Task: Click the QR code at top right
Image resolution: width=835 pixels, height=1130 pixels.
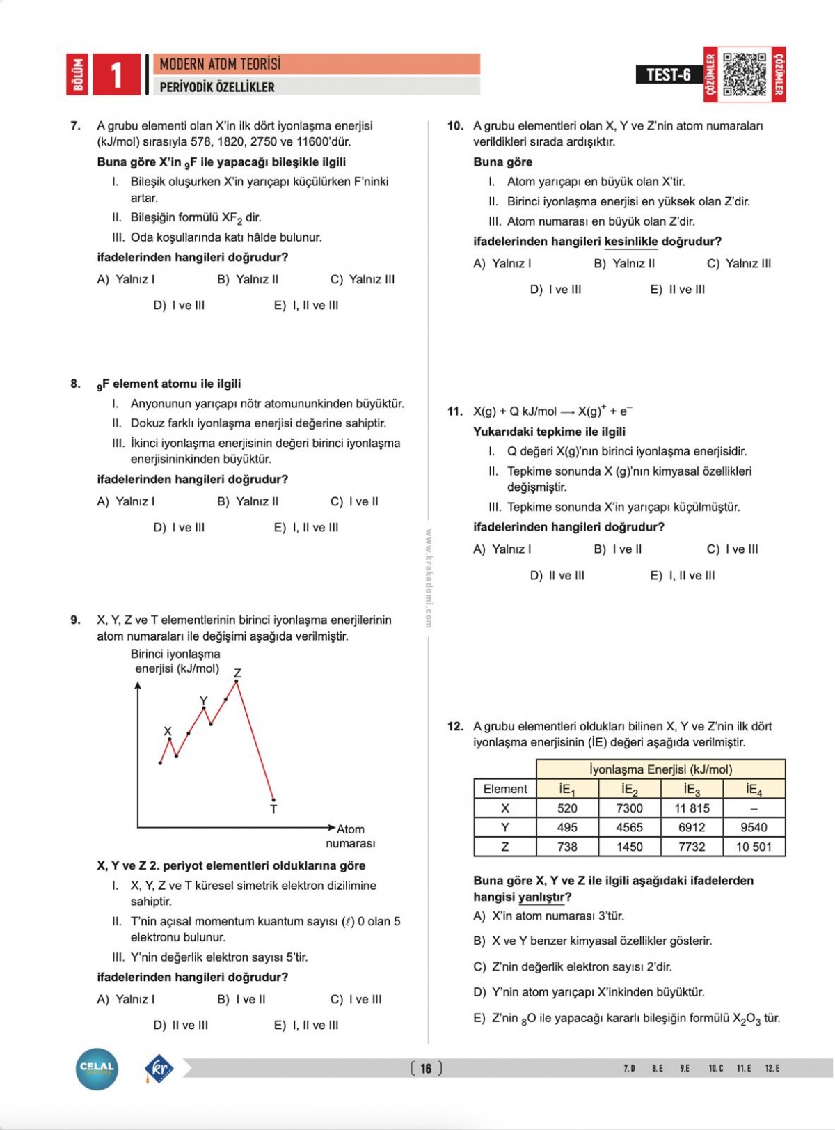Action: [745, 74]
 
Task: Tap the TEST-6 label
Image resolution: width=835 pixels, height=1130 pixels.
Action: [668, 74]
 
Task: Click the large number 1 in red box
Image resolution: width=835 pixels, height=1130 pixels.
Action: [116, 74]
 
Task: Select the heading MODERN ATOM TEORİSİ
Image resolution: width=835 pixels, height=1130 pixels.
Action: [220, 64]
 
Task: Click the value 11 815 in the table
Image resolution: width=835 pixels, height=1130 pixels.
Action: [692, 808]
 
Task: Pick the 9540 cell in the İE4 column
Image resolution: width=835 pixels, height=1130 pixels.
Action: [754, 827]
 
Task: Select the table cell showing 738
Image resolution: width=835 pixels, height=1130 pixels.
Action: [567, 847]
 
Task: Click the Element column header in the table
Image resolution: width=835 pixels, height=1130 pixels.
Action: [505, 789]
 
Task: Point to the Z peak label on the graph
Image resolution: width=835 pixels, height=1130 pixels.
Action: [237, 673]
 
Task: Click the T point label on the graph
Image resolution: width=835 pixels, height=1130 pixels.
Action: [273, 809]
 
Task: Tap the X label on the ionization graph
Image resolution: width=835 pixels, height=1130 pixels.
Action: [167, 731]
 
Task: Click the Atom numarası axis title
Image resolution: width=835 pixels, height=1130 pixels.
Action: [350, 836]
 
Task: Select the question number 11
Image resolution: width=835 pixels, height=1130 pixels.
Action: [454, 411]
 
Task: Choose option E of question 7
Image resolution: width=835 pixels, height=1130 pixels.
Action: [306, 305]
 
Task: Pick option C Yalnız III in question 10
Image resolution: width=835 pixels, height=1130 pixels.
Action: [739, 263]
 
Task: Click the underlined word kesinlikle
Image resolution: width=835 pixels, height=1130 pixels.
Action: [630, 242]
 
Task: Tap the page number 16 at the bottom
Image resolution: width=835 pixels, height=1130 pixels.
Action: [426, 1068]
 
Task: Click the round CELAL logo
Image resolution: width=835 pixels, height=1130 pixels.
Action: [97, 1069]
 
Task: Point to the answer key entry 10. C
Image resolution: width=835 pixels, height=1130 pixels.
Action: [716, 1068]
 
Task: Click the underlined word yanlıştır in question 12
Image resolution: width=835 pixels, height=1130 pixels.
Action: [541, 897]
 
